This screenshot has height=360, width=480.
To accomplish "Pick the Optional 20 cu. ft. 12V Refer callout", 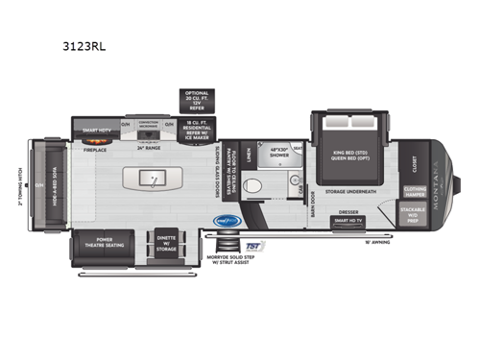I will click(x=198, y=100).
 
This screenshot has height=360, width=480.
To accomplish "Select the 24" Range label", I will click(x=147, y=148).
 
